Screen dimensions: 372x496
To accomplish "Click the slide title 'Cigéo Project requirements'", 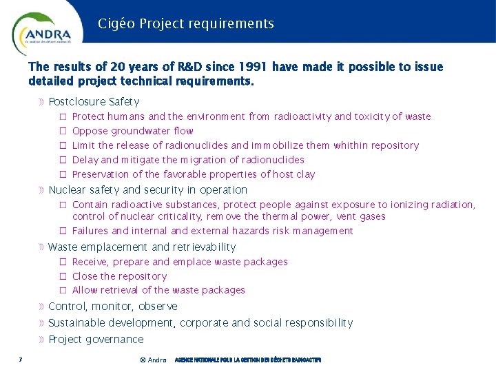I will click(x=185, y=24).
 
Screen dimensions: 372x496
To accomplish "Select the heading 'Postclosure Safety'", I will click(x=94, y=102).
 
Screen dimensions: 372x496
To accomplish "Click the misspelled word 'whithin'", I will click(x=351, y=145).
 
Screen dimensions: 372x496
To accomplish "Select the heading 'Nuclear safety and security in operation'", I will click(x=147, y=190).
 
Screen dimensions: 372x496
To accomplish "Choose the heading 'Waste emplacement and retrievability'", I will click(x=142, y=247).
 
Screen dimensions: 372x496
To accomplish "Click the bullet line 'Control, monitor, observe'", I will click(x=113, y=307).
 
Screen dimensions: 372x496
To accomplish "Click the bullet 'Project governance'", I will click(x=96, y=340).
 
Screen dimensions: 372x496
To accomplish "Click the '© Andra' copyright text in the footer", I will click(x=152, y=360).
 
